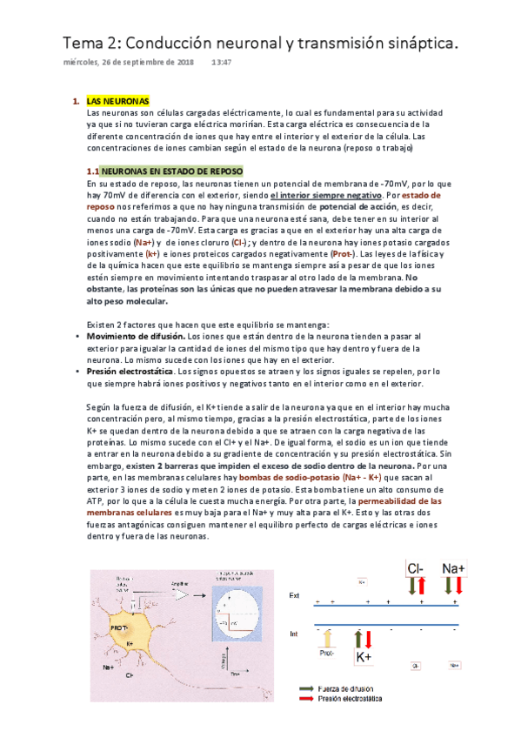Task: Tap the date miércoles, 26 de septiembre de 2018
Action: pos(129,63)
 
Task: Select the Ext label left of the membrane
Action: pos(294,594)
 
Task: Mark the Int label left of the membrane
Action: pos(294,634)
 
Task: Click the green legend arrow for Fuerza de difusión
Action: pos(308,688)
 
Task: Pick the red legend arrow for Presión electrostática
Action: pos(308,698)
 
